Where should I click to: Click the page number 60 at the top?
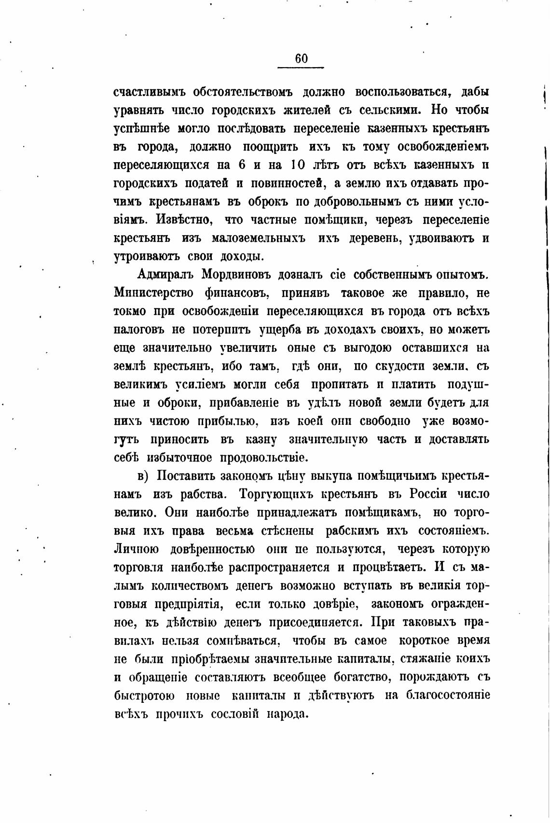click(x=301, y=58)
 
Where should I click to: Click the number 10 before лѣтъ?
click(x=298, y=165)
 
